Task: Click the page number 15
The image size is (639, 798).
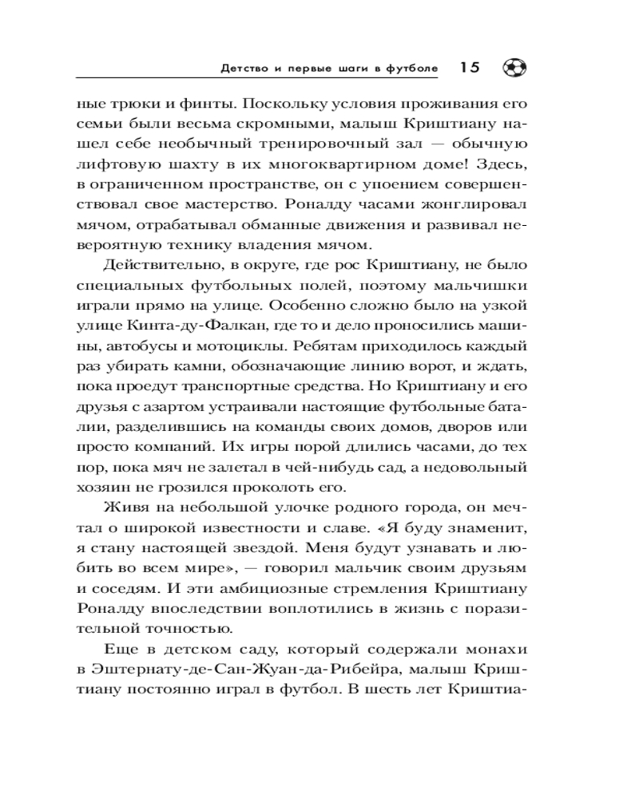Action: (x=469, y=69)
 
